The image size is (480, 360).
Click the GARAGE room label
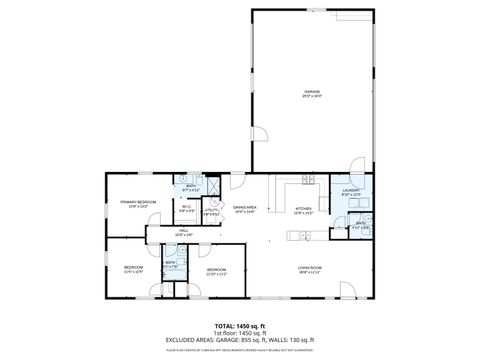[x=312, y=92]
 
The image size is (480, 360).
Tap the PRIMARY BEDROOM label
[x=138, y=203]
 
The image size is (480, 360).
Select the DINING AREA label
[x=245, y=208]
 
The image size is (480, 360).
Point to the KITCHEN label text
[x=304, y=209]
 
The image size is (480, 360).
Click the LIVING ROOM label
[x=308, y=267]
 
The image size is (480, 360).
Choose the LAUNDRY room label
[x=350, y=189]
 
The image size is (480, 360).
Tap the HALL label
[x=184, y=231]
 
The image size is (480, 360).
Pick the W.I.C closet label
[x=186, y=208]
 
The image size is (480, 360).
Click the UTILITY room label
[x=212, y=211]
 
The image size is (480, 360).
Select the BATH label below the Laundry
[x=359, y=225]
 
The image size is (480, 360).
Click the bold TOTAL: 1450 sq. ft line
[x=239, y=325]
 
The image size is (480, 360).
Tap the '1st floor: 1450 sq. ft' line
[x=239, y=332]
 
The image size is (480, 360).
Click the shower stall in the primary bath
[x=211, y=186]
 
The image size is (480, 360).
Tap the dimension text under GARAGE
[x=312, y=97]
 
